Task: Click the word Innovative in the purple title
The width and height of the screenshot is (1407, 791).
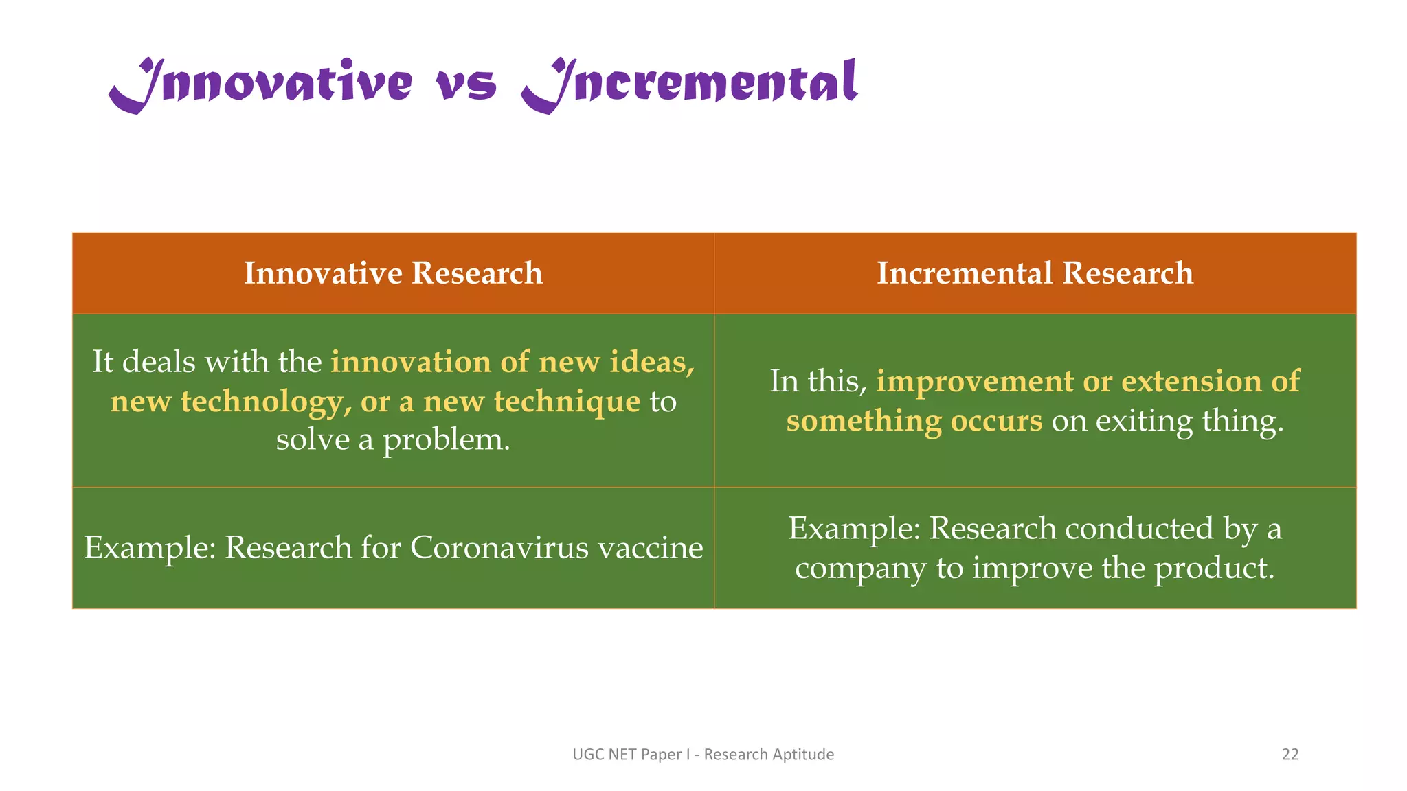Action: point(261,84)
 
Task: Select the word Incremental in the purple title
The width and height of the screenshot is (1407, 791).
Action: point(690,84)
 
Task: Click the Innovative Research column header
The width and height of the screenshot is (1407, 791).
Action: point(393,273)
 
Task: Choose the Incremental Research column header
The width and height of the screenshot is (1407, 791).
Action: point(1035,273)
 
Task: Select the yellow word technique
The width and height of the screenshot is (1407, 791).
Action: point(567,401)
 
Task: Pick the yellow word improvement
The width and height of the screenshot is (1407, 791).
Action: point(974,381)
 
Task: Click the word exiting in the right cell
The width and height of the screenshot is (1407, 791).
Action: point(1144,421)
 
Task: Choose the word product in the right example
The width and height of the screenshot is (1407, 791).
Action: point(1213,569)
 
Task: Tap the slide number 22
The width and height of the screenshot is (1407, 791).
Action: point(1290,754)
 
